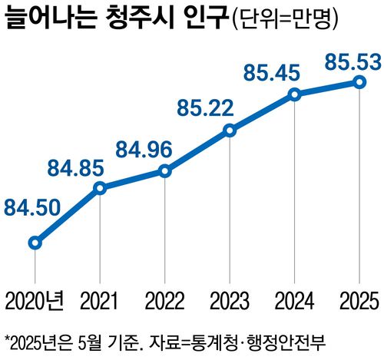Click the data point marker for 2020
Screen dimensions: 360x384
coord(35,243)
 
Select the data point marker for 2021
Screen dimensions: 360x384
coord(100,188)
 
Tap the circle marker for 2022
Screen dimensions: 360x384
coord(164,170)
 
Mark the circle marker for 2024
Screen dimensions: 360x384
coord(294,94)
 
